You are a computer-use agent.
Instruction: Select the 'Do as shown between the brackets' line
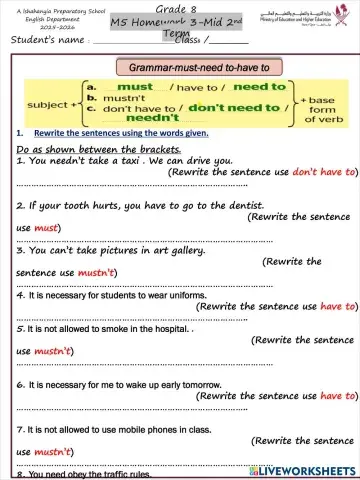tap(84, 148)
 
